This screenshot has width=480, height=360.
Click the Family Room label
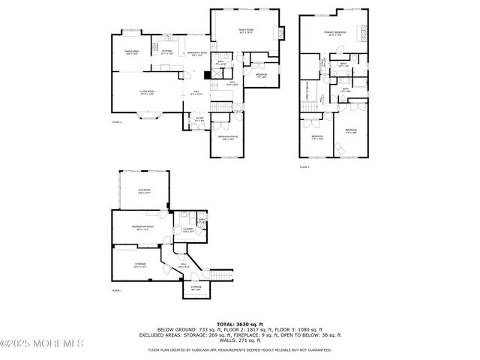coord(247,31)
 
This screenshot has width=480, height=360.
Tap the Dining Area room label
coord(132,52)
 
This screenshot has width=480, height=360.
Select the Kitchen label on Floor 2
coord(166,52)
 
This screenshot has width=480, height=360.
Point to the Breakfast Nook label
coord(199,53)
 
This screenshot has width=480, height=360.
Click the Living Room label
coord(147,92)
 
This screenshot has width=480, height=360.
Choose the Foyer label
coord(199,118)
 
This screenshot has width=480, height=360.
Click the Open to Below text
coord(307,92)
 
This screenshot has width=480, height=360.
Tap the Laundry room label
coord(189,230)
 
